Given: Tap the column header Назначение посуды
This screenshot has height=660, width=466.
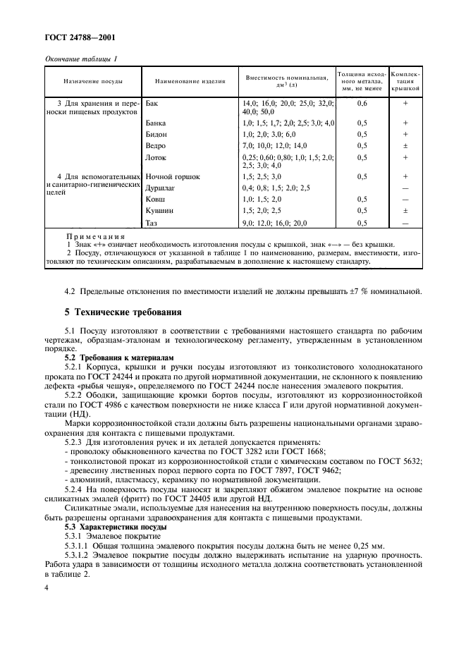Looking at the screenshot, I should click(x=94, y=81).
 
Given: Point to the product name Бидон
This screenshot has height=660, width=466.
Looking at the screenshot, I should click(x=156, y=134).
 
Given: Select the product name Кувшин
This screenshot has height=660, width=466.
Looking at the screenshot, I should click(x=159, y=210).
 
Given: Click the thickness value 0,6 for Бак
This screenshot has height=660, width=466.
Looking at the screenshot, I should click(x=362, y=103).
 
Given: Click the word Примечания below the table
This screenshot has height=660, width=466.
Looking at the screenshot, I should click(x=95, y=237).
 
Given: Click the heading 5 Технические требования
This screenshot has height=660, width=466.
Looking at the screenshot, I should click(x=123, y=312).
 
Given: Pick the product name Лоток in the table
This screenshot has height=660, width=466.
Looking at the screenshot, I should click(x=155, y=157).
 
